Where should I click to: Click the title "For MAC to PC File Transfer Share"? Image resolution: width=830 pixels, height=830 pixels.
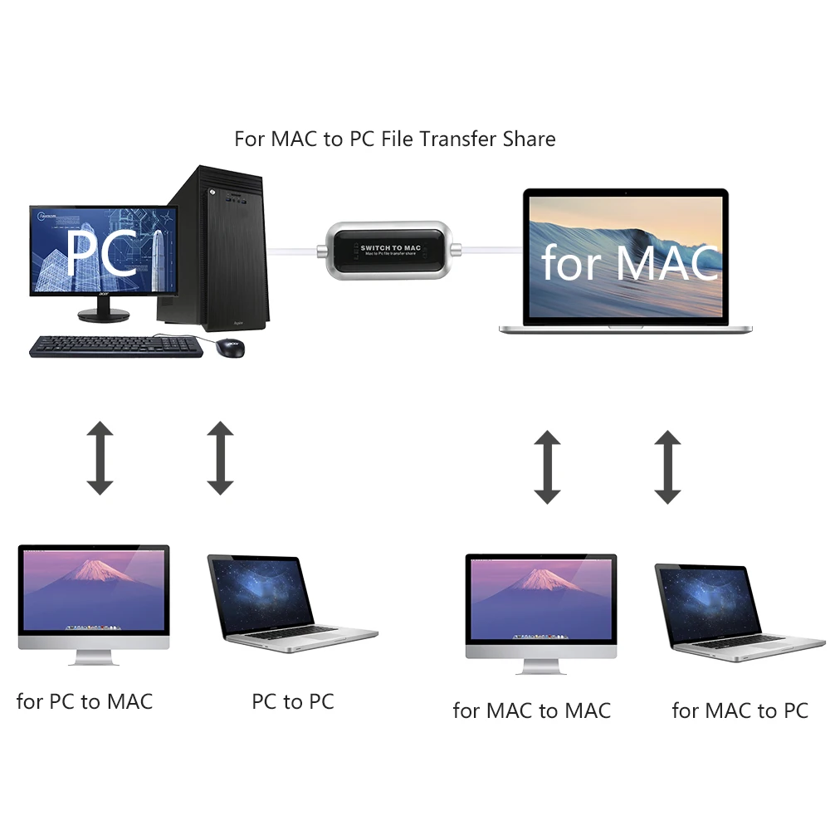(395, 139)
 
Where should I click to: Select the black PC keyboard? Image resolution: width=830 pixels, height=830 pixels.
(115, 346)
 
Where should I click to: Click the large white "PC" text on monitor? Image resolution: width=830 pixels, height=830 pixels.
(101, 253)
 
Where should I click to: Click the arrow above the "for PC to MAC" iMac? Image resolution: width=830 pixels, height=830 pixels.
(100, 457)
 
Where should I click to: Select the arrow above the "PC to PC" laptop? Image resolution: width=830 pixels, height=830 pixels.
(220, 457)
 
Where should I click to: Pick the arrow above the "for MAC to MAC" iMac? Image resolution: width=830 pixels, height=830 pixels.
(548, 467)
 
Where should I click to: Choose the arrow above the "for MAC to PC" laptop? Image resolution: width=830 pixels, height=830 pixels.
(667, 467)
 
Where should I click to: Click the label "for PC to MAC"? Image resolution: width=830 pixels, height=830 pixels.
(85, 701)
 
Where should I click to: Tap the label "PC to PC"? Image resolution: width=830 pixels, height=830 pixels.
(293, 701)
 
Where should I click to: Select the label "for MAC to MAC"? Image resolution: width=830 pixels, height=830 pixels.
(532, 711)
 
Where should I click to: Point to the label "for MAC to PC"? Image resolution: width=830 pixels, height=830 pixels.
(740, 711)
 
